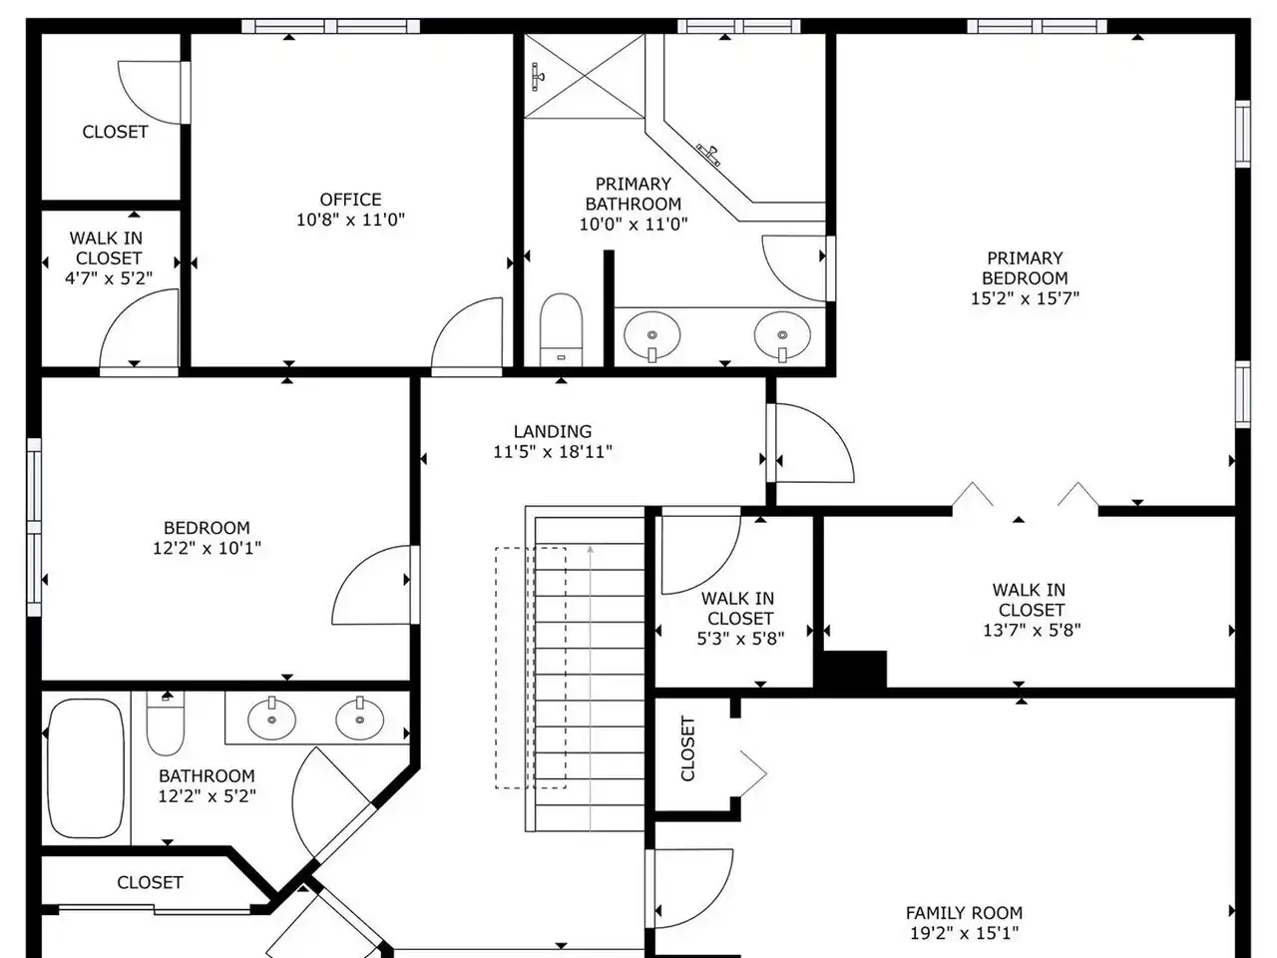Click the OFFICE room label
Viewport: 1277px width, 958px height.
[350, 200]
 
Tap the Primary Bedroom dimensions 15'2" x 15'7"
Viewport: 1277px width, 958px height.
[1025, 298]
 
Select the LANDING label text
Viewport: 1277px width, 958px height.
[552, 431]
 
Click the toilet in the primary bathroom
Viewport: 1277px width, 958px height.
[561, 329]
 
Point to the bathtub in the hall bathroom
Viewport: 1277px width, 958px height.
[86, 768]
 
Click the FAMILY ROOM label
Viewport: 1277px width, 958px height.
[964, 913]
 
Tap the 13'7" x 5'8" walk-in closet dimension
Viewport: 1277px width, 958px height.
[1032, 630]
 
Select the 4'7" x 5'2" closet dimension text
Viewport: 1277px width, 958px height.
[108, 278]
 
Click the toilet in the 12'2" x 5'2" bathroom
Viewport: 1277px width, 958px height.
[166, 723]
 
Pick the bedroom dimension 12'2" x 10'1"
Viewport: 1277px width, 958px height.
[207, 548]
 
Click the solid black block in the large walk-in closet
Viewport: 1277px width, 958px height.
[851, 670]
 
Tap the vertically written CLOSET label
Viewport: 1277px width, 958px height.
[687, 748]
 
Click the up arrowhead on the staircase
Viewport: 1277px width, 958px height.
[590, 549]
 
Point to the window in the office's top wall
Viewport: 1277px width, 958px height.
[330, 26]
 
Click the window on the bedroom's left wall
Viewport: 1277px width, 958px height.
[34, 527]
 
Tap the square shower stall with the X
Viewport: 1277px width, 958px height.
[584, 76]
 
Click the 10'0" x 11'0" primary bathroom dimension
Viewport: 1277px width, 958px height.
[633, 224]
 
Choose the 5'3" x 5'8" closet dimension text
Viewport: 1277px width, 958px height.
[740, 639]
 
